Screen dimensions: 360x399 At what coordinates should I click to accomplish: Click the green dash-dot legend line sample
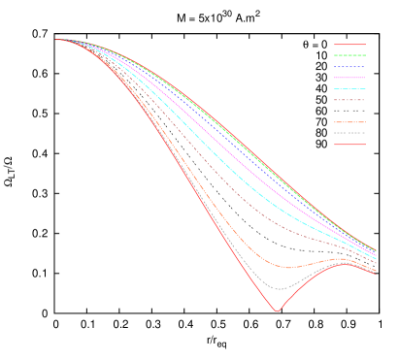click(349, 55)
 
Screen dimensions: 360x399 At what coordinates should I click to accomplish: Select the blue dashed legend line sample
click(349, 66)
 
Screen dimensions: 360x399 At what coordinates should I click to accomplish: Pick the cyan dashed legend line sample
click(349, 88)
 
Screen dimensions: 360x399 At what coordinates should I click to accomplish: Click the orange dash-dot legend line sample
click(349, 122)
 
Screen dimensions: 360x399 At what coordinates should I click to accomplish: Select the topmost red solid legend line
click(349, 45)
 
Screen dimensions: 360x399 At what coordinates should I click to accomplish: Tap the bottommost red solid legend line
click(349, 145)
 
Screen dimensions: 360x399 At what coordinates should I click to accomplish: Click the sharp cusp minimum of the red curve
click(278, 311)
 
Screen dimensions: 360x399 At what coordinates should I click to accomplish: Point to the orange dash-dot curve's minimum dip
click(283, 267)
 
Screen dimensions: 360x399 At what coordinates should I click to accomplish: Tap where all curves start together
click(58, 40)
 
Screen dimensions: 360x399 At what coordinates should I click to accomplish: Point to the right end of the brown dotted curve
click(376, 263)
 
